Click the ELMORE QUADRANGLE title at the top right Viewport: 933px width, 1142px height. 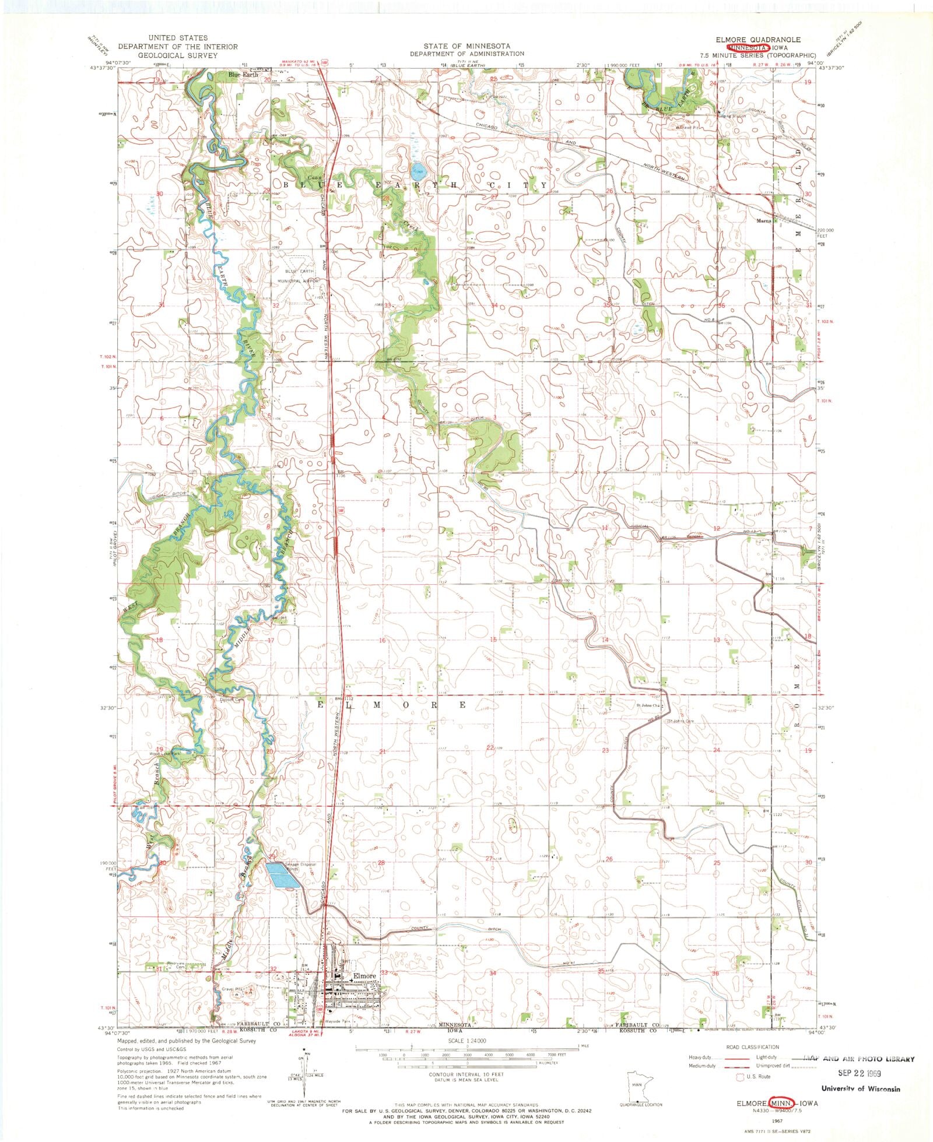(x=758, y=40)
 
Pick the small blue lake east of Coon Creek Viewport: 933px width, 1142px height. (x=417, y=171)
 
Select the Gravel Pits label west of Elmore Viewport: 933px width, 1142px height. (x=232, y=989)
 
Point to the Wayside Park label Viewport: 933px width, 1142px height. (x=336, y=1021)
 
